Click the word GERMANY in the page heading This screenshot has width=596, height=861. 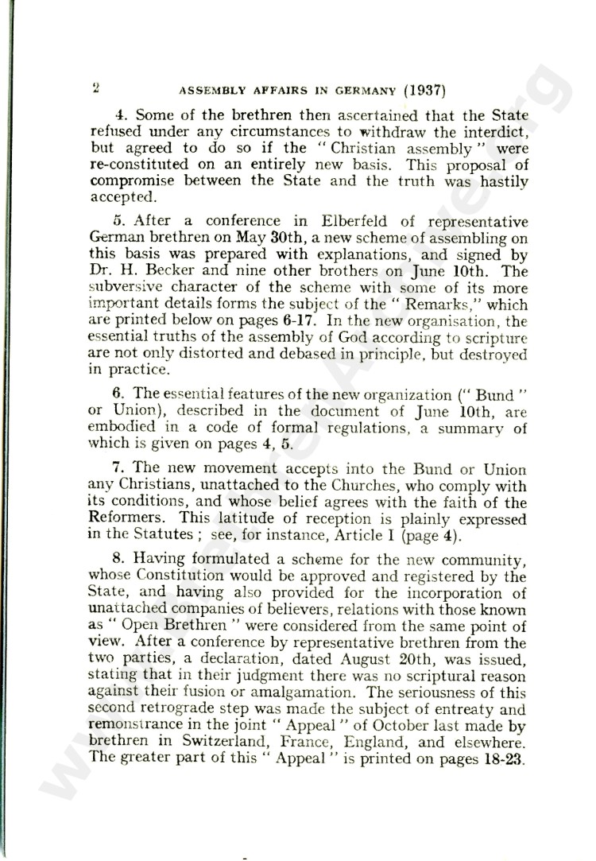click(x=354, y=90)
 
